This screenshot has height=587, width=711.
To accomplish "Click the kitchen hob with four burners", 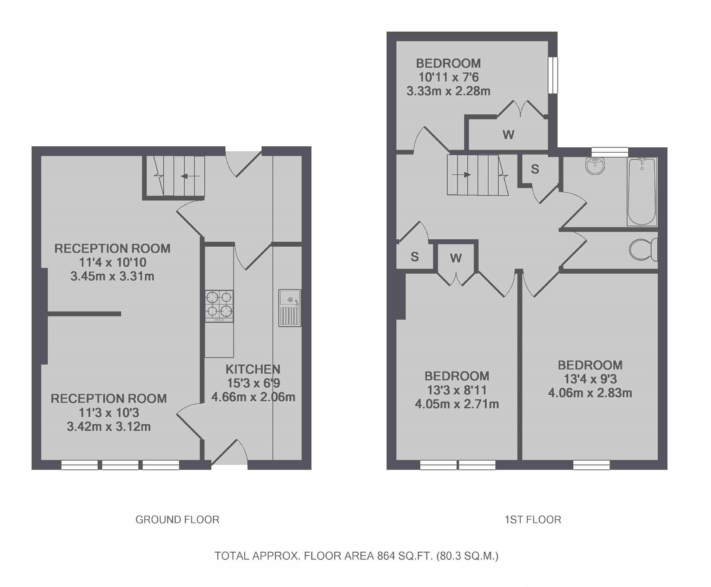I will click(219, 306).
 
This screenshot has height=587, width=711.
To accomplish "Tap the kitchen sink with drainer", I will click(290, 308).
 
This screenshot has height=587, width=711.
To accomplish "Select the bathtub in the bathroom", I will click(641, 191).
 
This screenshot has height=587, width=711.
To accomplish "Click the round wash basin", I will click(595, 165).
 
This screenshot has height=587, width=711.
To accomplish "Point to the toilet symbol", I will click(643, 249).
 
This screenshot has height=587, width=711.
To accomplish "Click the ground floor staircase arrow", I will click(190, 176).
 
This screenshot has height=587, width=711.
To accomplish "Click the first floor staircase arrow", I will click(462, 174).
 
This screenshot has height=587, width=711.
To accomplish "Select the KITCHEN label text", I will click(253, 369).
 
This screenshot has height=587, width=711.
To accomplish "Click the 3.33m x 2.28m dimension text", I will click(448, 91).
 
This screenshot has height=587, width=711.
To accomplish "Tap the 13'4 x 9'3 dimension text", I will click(590, 379).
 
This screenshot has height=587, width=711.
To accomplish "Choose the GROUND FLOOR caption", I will click(177, 520).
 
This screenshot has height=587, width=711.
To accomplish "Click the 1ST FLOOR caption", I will click(533, 520).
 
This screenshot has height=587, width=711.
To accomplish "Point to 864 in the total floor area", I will click(386, 556).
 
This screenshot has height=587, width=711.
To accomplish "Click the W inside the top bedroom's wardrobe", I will click(508, 134).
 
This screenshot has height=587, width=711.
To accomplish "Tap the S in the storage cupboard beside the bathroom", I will click(535, 169).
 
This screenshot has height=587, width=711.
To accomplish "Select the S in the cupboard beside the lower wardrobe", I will click(415, 257).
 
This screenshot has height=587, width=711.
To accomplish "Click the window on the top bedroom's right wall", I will click(553, 75).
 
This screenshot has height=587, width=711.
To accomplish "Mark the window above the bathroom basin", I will click(610, 152).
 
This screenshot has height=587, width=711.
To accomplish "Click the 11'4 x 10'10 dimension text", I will click(112, 262).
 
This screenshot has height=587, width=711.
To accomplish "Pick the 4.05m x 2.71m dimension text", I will click(456, 404).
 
